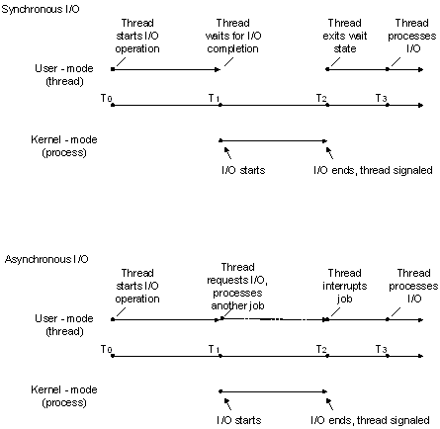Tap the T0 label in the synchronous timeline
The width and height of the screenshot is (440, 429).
[106, 97]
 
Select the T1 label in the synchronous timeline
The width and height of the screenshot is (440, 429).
[215, 97]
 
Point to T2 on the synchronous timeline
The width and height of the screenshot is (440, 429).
[321, 97]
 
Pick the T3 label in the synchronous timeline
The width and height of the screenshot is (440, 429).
[381, 97]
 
